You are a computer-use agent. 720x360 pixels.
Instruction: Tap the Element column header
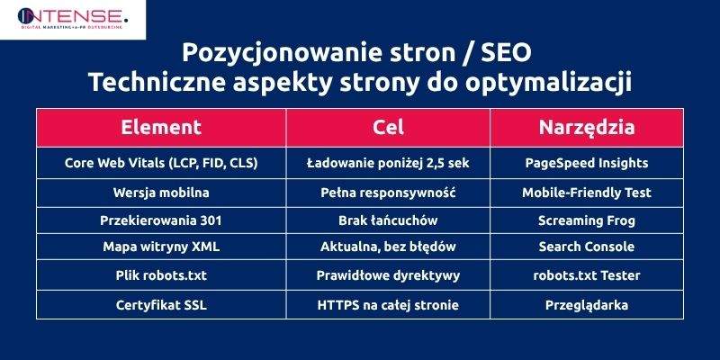point(161,127)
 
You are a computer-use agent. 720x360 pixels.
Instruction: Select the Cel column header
point(388,127)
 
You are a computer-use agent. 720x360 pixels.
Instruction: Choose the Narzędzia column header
point(587,127)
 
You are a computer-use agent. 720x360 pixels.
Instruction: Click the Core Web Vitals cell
point(161,164)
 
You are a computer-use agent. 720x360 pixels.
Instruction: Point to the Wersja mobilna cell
point(161,192)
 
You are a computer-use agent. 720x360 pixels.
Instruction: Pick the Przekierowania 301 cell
point(161,220)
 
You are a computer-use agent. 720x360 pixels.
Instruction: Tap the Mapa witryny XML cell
point(161,247)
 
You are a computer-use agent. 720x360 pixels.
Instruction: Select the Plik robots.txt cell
point(161,275)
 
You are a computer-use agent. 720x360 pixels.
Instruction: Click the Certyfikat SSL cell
point(161,305)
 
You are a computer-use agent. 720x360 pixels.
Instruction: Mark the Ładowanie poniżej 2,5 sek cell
point(388,164)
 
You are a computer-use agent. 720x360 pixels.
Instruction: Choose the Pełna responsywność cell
point(388,192)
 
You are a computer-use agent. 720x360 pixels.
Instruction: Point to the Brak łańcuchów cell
point(388,220)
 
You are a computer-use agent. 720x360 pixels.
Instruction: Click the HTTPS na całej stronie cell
point(388,305)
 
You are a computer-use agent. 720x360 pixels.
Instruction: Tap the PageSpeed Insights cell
point(587,164)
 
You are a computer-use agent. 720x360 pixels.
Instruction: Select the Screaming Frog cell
point(587,220)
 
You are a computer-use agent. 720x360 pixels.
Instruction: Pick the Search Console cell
point(587,247)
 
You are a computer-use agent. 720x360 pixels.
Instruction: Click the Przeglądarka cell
point(587,305)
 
